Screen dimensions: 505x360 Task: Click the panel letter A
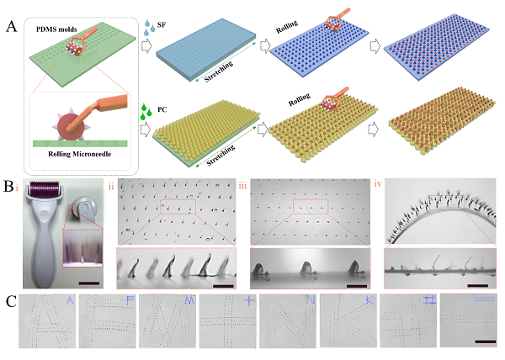coord(11,27)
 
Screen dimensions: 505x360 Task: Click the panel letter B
coord(8,186)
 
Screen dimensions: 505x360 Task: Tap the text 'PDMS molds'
coord(56,29)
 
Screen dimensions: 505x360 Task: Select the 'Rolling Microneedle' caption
coord(80,154)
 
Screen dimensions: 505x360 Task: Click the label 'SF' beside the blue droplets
coord(162,24)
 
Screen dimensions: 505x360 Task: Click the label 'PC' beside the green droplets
coord(162,109)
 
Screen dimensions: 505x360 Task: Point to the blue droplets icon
coord(150,28)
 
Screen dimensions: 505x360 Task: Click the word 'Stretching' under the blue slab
coord(219,71)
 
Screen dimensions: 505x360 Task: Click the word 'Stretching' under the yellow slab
coord(221,156)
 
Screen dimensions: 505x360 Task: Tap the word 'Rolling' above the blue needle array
coord(287,27)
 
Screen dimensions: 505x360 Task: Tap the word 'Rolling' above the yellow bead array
coord(300,99)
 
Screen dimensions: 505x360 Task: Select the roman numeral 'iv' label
coord(378,183)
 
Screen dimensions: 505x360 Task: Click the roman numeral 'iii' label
coord(242,186)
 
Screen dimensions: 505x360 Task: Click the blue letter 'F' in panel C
coord(130,301)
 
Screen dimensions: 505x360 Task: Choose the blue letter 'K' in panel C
coord(370,300)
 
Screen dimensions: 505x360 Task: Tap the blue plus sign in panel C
coord(249,300)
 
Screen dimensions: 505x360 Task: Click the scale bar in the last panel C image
coord(485,341)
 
